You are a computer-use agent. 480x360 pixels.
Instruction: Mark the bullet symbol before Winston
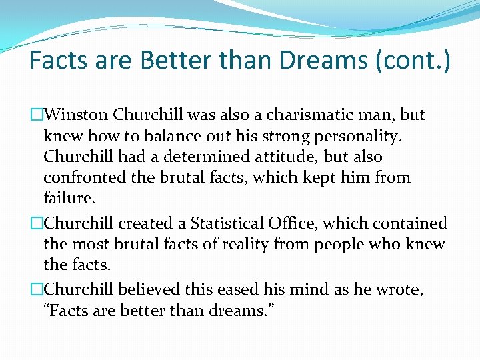coord(37,115)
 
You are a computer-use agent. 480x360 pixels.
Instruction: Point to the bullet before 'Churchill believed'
coord(37,290)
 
